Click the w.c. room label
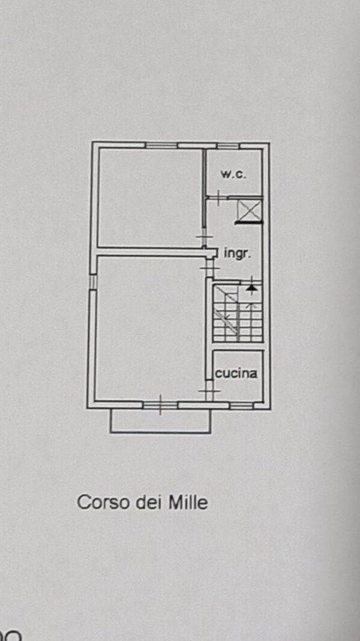[x=233, y=174]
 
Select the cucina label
[x=236, y=372]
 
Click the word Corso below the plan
[x=99, y=502]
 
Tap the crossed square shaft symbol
[x=249, y=211]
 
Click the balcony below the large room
[x=160, y=420]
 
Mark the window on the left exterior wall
[x=93, y=282]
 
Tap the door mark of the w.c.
[x=218, y=197]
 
